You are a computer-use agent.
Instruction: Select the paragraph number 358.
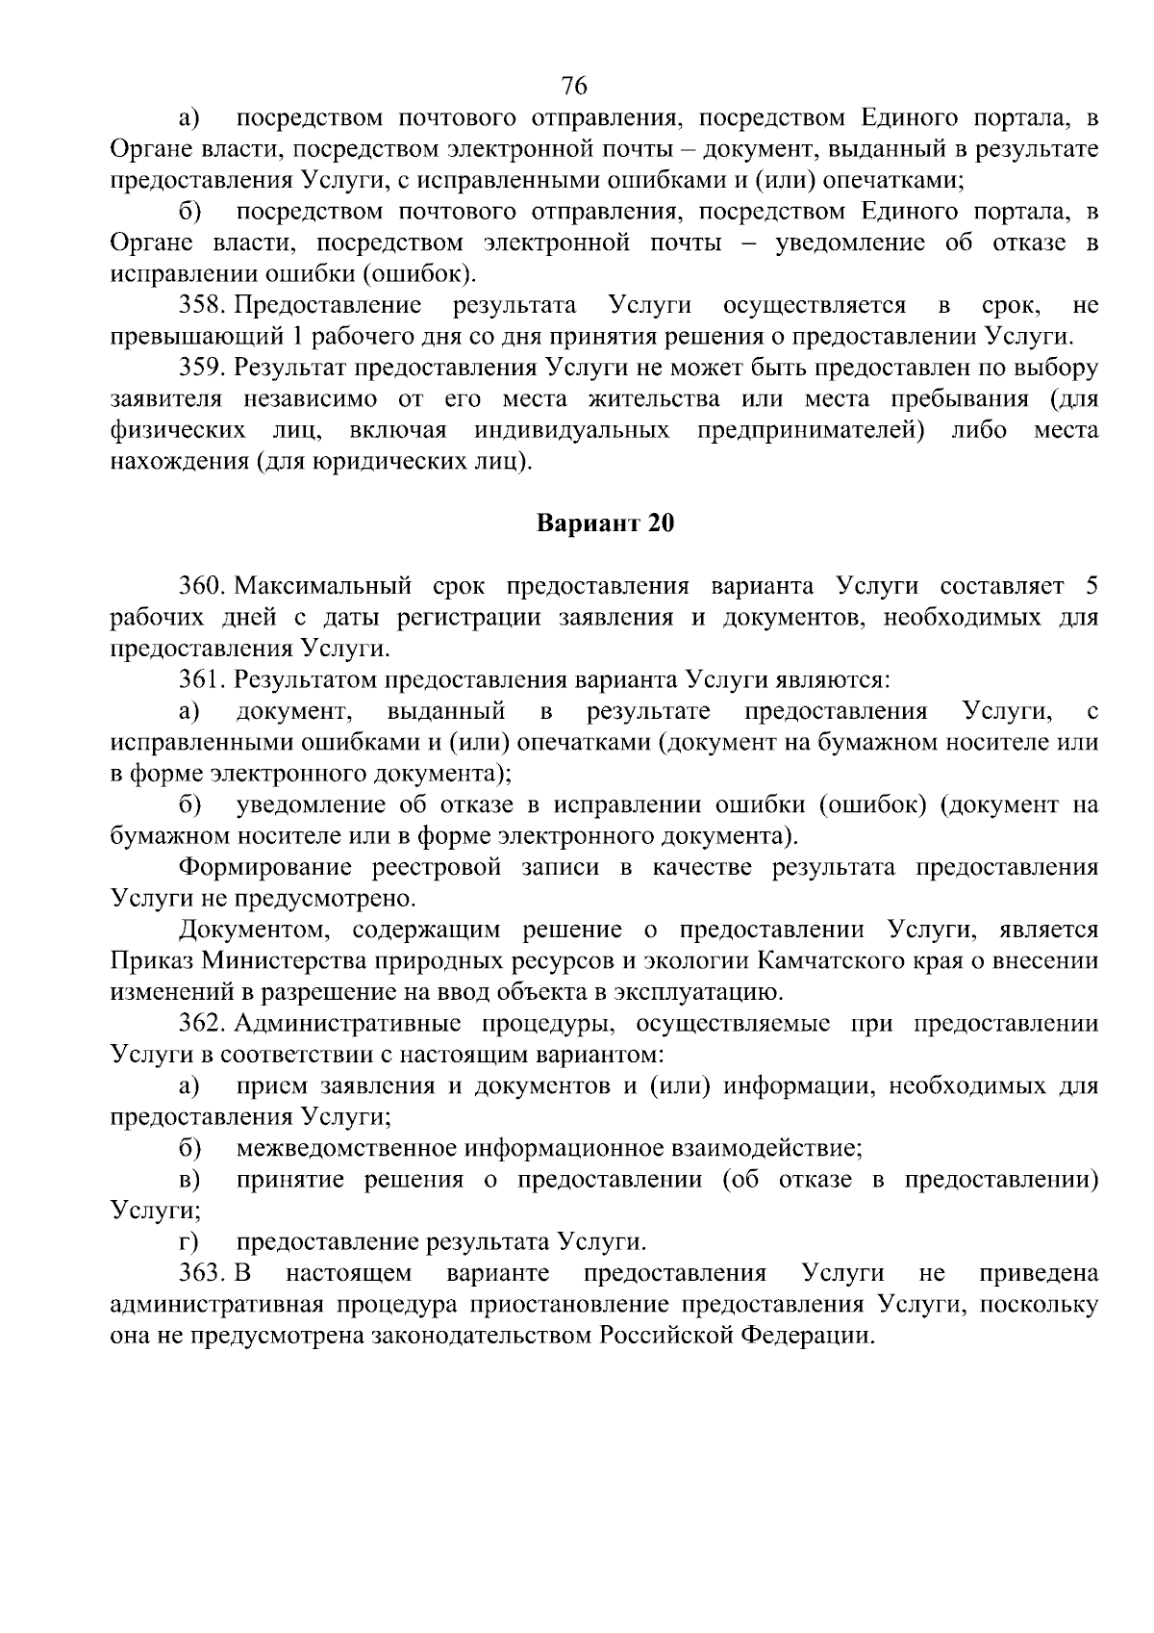click(202, 306)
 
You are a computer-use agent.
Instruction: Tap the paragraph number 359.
click(202, 368)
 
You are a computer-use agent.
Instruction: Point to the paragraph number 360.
click(202, 586)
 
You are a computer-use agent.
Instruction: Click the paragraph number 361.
click(202, 680)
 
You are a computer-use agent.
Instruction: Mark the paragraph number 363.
click(202, 1273)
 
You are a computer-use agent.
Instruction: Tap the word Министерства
click(286, 960)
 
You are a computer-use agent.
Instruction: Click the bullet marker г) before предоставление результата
click(189, 1242)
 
